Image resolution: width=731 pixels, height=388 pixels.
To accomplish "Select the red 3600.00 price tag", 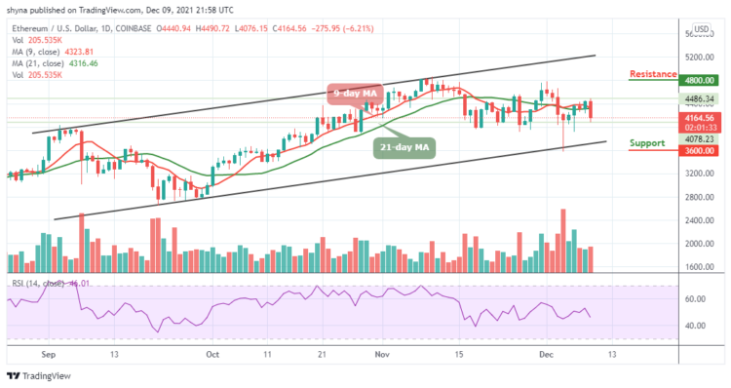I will [x=700, y=151].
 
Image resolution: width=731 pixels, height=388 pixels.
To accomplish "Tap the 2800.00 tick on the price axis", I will [x=699, y=198].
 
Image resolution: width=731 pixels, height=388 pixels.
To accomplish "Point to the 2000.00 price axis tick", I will [x=699, y=245].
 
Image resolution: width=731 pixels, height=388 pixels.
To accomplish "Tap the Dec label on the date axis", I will [x=549, y=357].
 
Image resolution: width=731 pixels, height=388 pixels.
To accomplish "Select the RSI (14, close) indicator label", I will [x=39, y=284].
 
